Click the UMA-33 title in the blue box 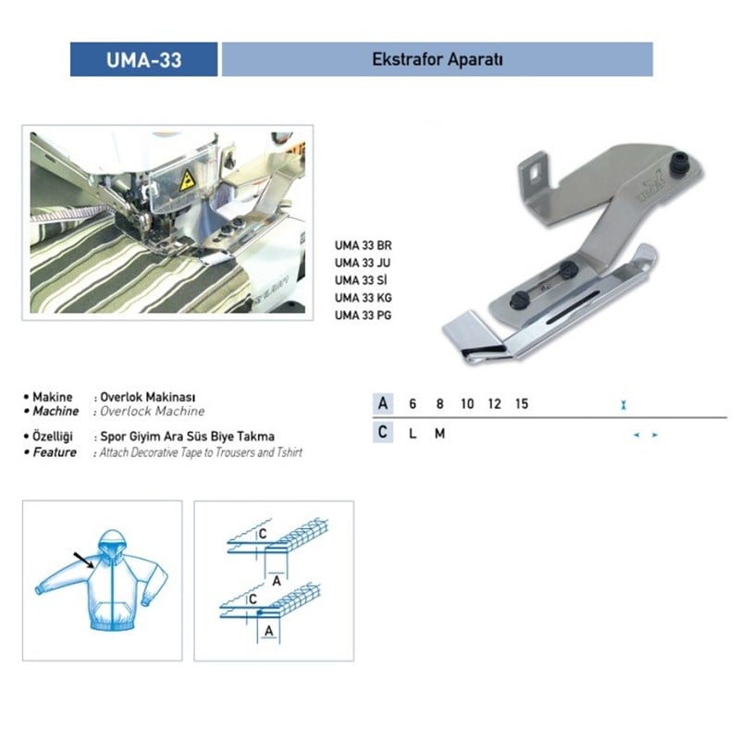click(144, 60)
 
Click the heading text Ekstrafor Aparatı click(437, 59)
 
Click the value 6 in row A click(413, 404)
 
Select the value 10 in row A click(467, 404)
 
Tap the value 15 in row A click(522, 404)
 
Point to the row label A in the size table click(383, 404)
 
